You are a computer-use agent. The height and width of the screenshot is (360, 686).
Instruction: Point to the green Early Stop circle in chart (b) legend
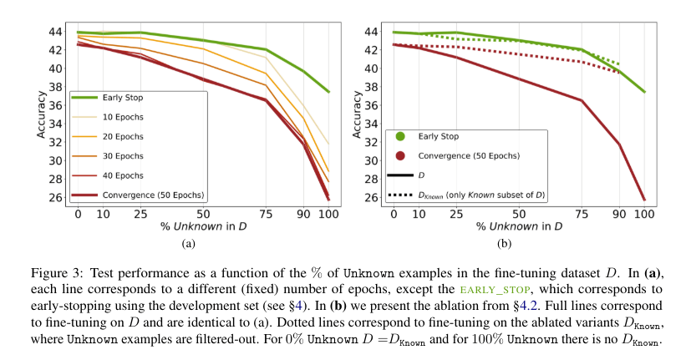point(400,136)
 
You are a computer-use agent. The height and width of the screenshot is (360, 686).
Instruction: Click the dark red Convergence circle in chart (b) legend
point(400,156)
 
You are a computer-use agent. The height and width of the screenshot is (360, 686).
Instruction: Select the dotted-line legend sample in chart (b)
point(402,195)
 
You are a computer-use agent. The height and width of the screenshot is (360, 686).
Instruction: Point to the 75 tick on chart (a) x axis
point(266,214)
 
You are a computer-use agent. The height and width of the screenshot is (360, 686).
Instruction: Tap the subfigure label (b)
point(503,244)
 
